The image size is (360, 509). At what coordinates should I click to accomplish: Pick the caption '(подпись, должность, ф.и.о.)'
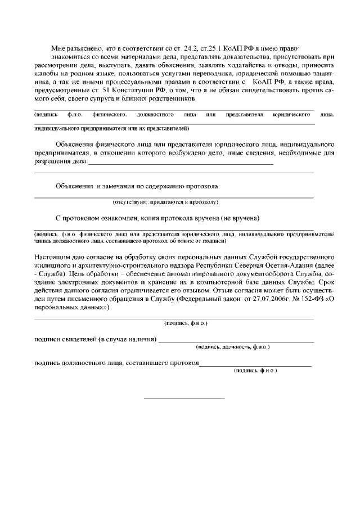point(232,348)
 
